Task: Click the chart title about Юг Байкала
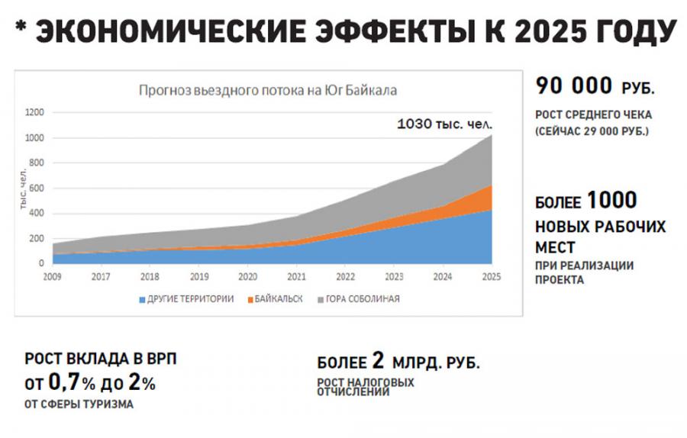[268, 89]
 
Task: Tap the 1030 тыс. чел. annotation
[445, 123]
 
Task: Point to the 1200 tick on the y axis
[36, 113]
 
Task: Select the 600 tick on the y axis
[37, 188]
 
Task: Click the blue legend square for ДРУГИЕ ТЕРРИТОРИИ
[141, 299]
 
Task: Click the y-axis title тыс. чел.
[24, 195]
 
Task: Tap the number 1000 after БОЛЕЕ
[611, 201]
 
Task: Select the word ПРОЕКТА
[560, 279]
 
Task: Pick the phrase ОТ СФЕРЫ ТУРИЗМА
[79, 404]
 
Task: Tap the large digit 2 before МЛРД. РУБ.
[377, 362]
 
